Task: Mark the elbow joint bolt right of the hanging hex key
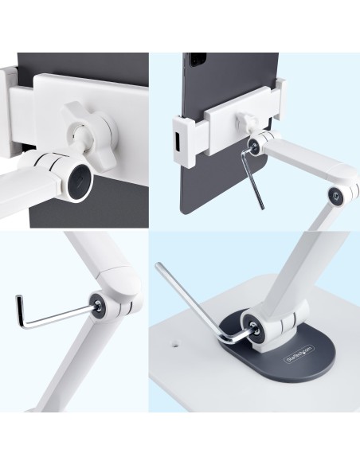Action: coord(340,193)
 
